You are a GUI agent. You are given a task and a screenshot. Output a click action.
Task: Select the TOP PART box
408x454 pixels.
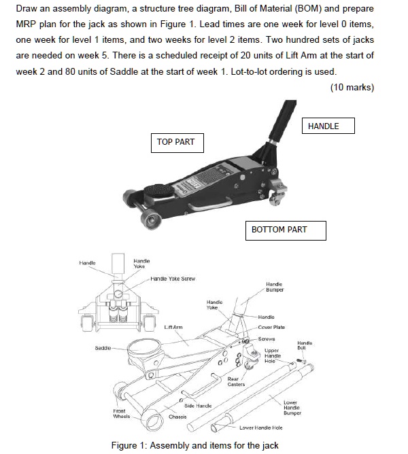[x=175, y=143]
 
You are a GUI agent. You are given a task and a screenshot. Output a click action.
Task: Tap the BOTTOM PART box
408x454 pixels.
[x=279, y=230]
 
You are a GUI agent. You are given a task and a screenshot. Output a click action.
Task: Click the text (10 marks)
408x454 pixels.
[x=352, y=87]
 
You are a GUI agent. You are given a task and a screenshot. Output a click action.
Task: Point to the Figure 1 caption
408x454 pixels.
[x=194, y=445]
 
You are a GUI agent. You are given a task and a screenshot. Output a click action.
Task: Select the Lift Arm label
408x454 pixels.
[x=173, y=328]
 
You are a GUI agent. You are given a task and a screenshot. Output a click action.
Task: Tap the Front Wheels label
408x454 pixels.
[x=121, y=413]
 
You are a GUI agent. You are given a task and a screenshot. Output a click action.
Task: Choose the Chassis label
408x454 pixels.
[x=177, y=417]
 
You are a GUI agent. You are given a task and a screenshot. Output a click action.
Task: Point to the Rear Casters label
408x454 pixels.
[x=236, y=382]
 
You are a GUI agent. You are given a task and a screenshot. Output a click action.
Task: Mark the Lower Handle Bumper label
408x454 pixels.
[x=292, y=408]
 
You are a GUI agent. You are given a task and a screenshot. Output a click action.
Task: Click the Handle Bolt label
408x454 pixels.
[x=305, y=345]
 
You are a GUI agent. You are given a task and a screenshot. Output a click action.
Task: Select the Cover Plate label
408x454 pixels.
[x=271, y=327]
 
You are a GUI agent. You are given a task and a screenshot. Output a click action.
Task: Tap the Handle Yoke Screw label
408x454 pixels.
[x=173, y=279]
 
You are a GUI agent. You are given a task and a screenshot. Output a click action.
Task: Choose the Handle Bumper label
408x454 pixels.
[x=274, y=286]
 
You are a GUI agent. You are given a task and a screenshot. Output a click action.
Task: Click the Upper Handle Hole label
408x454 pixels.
[x=272, y=355]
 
